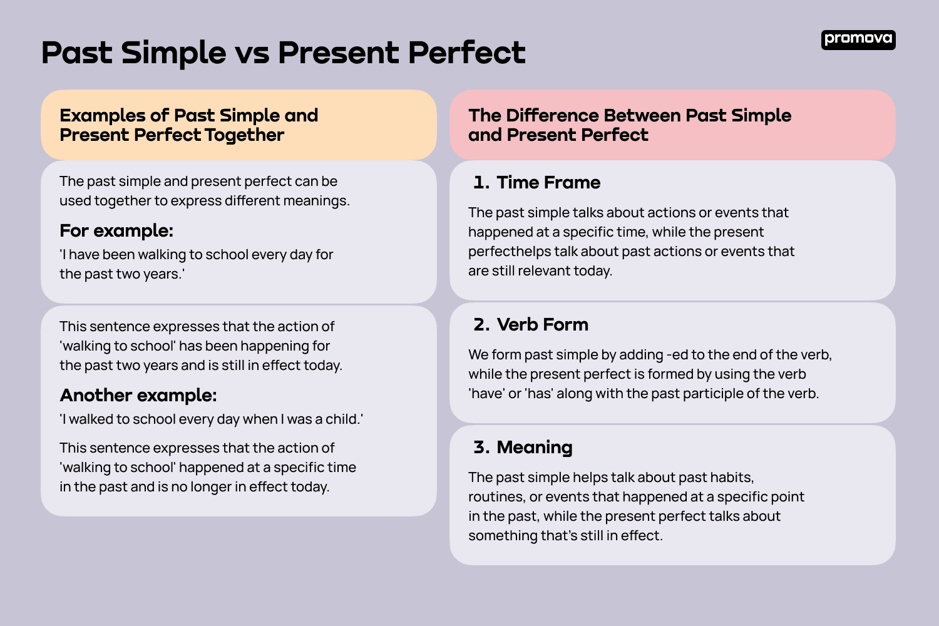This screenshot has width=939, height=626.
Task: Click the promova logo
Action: click(858, 39)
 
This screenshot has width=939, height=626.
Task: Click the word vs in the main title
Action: click(252, 54)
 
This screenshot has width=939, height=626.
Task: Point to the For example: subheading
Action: click(116, 231)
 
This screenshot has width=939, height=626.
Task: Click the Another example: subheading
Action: click(138, 396)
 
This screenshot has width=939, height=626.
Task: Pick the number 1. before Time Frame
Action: click(481, 183)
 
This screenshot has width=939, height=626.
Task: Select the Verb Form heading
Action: click(542, 325)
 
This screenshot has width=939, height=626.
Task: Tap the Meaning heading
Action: click(534, 448)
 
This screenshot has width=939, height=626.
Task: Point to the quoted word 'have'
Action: click(486, 394)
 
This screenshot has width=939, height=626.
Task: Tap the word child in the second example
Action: click(342, 419)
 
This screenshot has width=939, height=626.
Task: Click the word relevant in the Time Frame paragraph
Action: click(544, 271)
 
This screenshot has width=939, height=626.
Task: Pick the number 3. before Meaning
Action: click(481, 448)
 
